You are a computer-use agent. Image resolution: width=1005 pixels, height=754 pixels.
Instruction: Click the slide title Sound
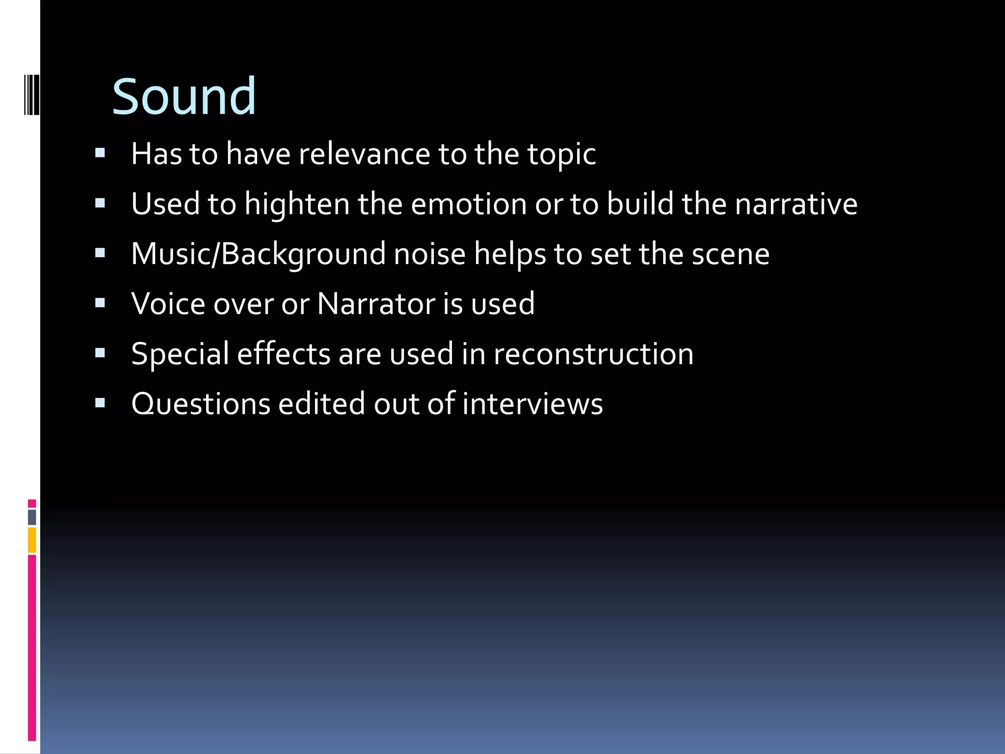[184, 97]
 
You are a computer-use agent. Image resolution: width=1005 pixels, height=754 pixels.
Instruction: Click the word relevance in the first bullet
[364, 154]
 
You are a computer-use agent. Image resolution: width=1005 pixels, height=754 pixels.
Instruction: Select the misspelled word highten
[297, 204]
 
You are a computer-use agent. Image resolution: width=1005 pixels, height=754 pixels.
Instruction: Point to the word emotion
[469, 204]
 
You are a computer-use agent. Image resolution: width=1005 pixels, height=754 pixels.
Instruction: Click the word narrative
[796, 204]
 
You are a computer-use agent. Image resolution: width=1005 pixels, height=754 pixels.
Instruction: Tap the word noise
[429, 254]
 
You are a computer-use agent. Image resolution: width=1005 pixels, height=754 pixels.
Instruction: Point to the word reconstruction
[593, 354]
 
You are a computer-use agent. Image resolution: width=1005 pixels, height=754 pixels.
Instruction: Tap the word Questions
[201, 404]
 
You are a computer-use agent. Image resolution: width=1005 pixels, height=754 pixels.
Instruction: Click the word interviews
[532, 404]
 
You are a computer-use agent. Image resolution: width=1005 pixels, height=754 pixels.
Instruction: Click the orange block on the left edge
[32, 540]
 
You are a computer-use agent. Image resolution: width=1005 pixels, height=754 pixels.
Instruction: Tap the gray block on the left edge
[32, 517]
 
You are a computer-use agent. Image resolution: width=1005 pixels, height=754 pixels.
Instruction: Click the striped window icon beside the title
[32, 94]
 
